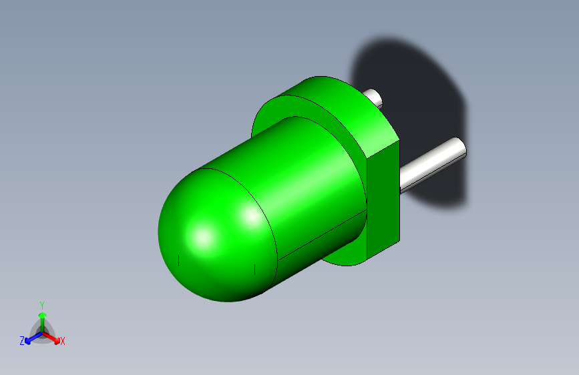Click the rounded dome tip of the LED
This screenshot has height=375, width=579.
pos(200,234)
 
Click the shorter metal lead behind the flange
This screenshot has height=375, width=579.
pos(375,98)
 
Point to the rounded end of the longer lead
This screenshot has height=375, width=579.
pos(458,146)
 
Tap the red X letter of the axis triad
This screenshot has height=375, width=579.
pos(63,341)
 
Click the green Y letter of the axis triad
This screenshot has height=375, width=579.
pos(41,304)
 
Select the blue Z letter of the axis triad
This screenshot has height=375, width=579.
pos(22,341)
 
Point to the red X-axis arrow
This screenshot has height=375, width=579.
pos(53,337)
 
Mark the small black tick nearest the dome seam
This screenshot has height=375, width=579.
pos(254,269)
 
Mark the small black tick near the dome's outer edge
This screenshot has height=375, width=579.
pos(178,259)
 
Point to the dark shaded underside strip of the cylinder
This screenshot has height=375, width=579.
pos(321,244)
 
